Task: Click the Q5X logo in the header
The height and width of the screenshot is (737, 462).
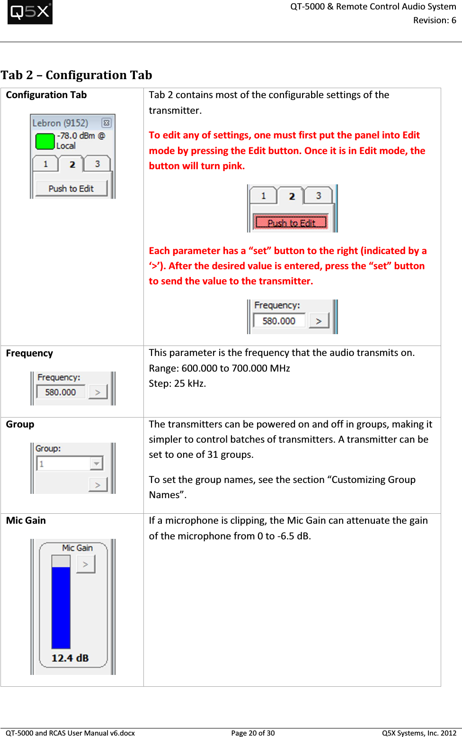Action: click(x=30, y=12)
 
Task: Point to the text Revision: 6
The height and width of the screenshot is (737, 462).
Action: click(x=434, y=20)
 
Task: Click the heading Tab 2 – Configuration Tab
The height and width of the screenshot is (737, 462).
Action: click(x=76, y=75)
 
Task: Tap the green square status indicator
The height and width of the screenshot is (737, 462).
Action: click(x=45, y=141)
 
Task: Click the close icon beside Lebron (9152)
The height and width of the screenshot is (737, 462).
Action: click(x=107, y=123)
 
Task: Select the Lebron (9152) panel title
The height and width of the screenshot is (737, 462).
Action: click(x=60, y=123)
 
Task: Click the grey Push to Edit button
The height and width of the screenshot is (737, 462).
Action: click(x=71, y=189)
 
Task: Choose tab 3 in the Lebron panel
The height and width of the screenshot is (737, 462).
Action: click(x=98, y=164)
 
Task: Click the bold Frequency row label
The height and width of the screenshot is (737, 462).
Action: click(x=29, y=354)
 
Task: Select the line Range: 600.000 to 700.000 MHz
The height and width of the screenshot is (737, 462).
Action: click(x=219, y=368)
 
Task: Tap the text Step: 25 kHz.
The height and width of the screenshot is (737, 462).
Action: click(x=177, y=383)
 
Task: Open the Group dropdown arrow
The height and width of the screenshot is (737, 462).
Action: click(x=97, y=463)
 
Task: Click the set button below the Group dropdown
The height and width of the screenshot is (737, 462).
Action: click(x=98, y=485)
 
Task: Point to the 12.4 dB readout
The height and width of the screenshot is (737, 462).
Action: click(x=70, y=658)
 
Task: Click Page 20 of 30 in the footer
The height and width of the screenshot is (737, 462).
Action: click(x=253, y=733)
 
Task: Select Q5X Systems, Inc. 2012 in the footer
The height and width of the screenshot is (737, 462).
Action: click(x=419, y=733)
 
